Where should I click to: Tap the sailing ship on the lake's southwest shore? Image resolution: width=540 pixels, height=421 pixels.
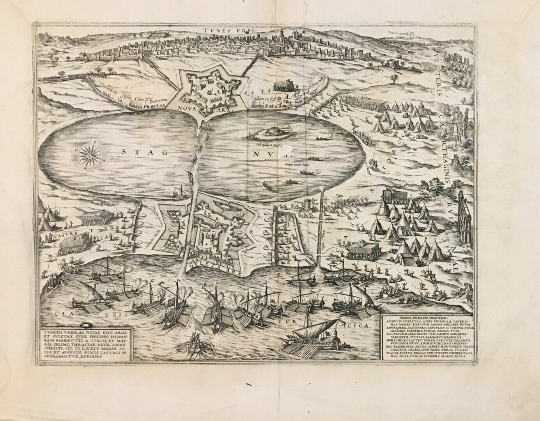tap(181, 191)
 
